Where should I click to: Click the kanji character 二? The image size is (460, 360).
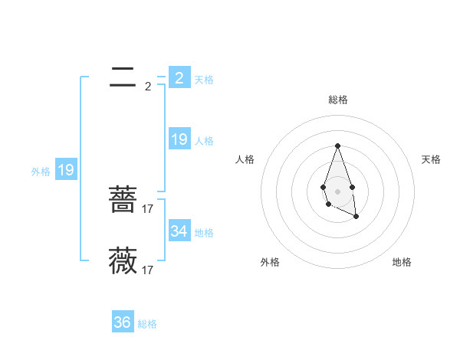(x=123, y=77)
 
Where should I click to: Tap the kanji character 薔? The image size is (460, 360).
(x=123, y=201)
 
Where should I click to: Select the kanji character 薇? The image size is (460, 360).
(x=123, y=260)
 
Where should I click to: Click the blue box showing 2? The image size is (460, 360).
(x=179, y=77)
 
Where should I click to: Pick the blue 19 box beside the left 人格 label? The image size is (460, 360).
(x=179, y=139)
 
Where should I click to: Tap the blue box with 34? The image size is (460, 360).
(x=179, y=231)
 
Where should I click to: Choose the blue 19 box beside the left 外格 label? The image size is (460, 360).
(x=66, y=170)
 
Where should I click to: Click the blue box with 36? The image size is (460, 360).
(x=123, y=322)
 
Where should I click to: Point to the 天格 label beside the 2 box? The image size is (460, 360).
(x=204, y=80)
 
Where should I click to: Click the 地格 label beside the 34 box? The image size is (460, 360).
(x=204, y=233)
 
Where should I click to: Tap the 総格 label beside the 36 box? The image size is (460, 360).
(x=147, y=325)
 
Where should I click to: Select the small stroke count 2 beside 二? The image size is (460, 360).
(x=148, y=87)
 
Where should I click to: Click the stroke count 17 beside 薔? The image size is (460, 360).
(x=148, y=208)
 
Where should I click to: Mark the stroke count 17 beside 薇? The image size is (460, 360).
(x=148, y=270)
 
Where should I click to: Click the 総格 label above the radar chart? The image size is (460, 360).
(x=337, y=100)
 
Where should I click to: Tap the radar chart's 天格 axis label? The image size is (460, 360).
(x=431, y=159)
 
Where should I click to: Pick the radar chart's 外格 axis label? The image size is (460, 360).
(x=270, y=263)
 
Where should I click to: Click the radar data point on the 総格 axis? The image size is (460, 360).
(x=337, y=146)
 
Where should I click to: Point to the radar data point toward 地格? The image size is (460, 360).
(x=356, y=217)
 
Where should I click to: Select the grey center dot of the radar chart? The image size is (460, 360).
(x=337, y=191)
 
